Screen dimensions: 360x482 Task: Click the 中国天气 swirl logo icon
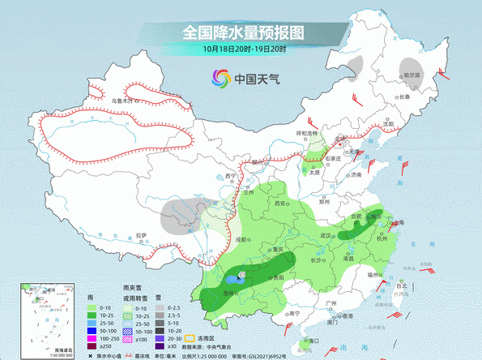[221, 78]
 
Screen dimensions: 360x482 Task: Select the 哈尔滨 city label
[413, 75]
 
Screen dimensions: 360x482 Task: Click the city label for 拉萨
[143, 235]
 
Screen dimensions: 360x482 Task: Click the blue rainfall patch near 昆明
[232, 279]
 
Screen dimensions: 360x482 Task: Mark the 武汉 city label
[328, 235]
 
